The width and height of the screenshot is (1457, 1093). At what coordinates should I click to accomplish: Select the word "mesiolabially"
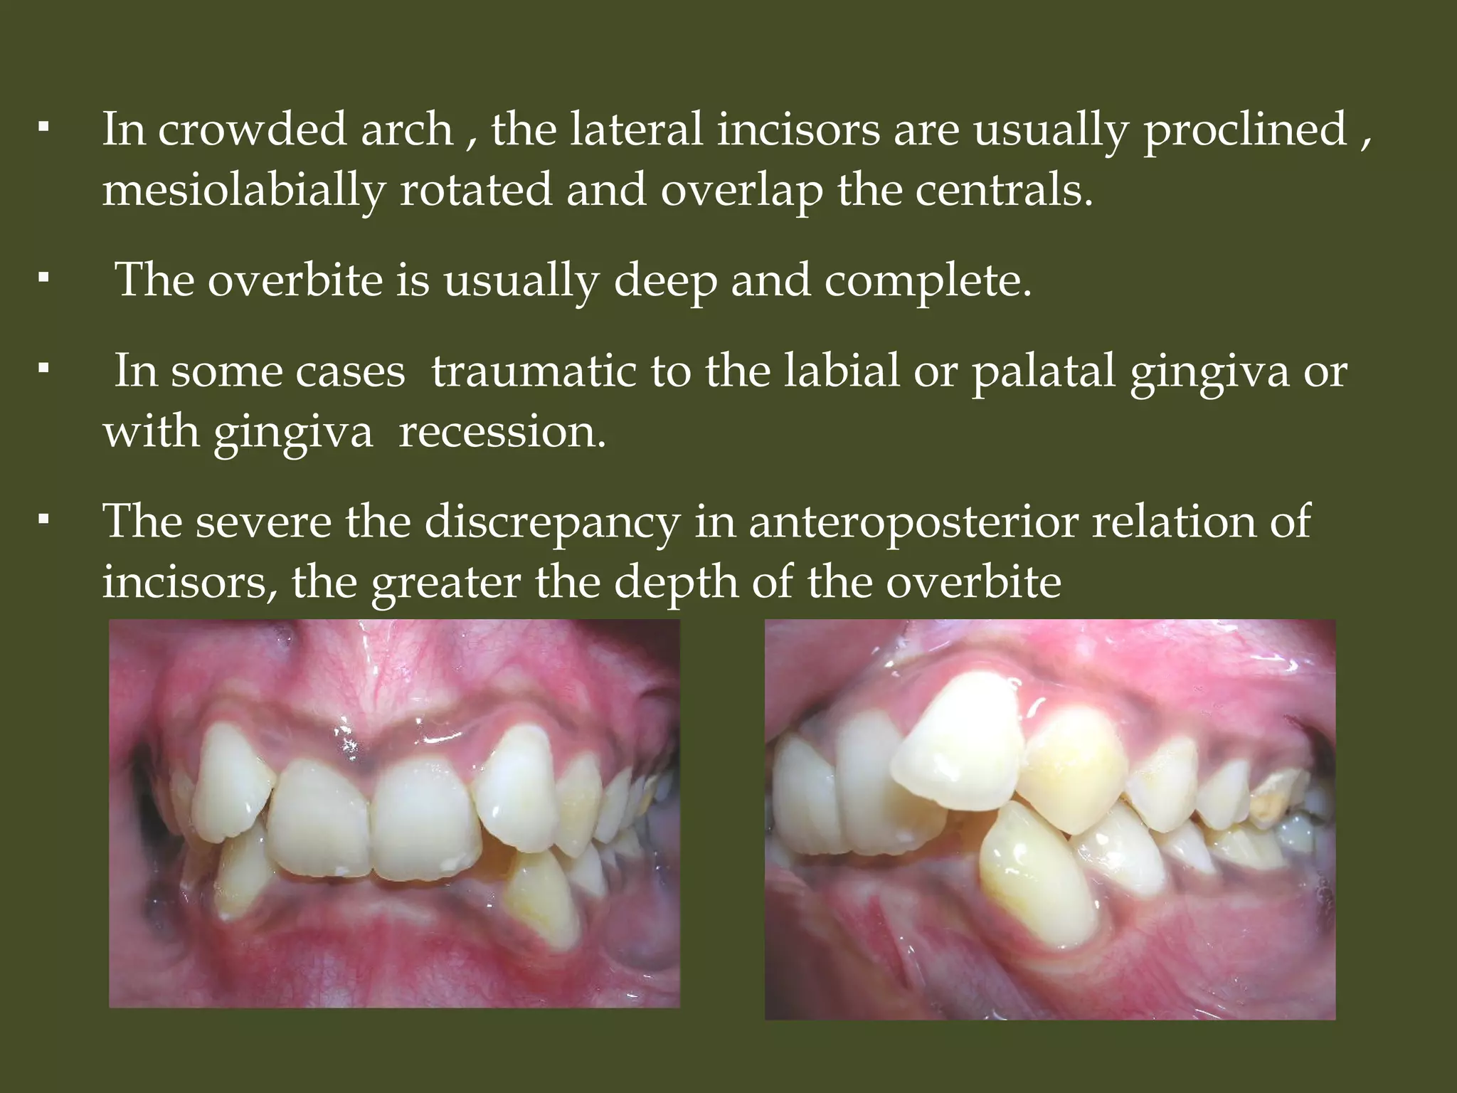244,191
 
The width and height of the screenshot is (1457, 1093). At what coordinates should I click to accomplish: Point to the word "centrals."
1003,191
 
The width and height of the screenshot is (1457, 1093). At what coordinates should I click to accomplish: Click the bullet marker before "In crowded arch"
44,129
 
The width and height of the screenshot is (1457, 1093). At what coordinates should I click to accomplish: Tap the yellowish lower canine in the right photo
1032,882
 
